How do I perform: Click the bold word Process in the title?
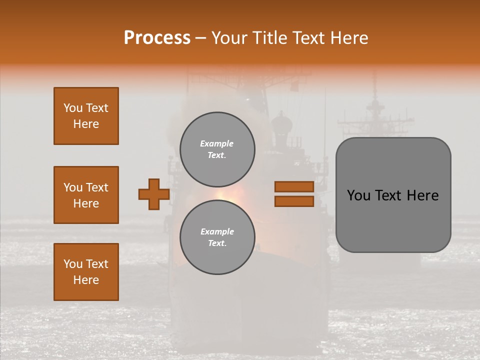(157, 38)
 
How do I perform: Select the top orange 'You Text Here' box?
(86, 116)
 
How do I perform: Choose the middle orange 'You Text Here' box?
(86, 195)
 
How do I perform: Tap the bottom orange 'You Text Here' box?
(86, 272)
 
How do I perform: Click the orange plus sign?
(154, 194)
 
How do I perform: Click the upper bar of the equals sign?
(294, 186)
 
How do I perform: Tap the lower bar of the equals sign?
(294, 201)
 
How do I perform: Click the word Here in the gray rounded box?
(422, 195)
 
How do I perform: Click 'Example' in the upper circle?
(217, 143)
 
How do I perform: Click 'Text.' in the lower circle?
(217, 243)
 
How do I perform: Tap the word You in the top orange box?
(72, 108)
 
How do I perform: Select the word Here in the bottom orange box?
(86, 280)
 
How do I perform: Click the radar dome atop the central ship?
(281, 120)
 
